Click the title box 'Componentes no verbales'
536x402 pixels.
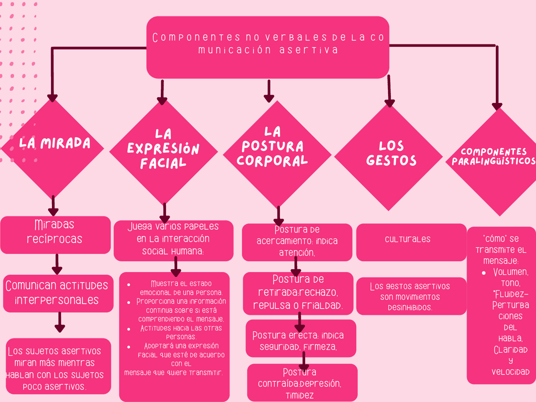click(x=268, y=47)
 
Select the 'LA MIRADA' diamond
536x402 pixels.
click(x=53, y=147)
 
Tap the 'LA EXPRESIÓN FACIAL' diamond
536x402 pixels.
click(x=163, y=151)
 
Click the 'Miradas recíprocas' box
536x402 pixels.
click(x=55, y=234)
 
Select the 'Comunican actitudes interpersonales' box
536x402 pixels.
click(x=58, y=293)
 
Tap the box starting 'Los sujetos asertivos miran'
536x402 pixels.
click(x=58, y=366)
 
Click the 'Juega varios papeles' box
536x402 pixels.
click(x=173, y=240)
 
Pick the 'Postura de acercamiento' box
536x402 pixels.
click(x=297, y=242)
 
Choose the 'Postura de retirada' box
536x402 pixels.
click(x=298, y=293)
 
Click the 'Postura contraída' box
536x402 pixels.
click(x=302, y=383)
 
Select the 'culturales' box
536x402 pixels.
click(x=411, y=242)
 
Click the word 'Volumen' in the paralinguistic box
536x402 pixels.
click(x=510, y=272)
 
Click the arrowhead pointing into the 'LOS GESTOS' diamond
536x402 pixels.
click(x=390, y=102)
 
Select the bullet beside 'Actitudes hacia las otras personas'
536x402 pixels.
click(x=129, y=329)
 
